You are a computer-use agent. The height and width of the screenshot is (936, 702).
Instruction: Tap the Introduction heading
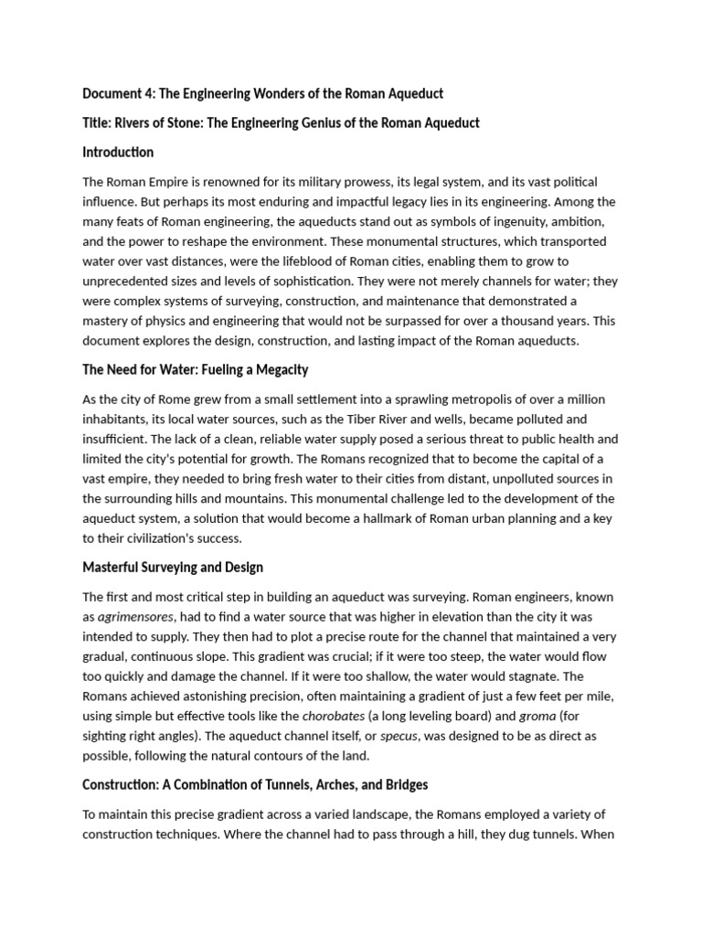(118, 152)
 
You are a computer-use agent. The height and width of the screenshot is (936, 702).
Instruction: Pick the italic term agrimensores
(135, 617)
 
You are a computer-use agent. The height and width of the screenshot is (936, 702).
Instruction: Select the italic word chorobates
(333, 716)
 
